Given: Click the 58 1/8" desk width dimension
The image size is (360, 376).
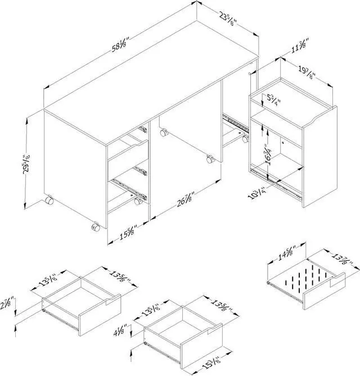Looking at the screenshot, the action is pos(119,43).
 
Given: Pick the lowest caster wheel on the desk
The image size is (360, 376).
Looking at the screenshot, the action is pos(95,227).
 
